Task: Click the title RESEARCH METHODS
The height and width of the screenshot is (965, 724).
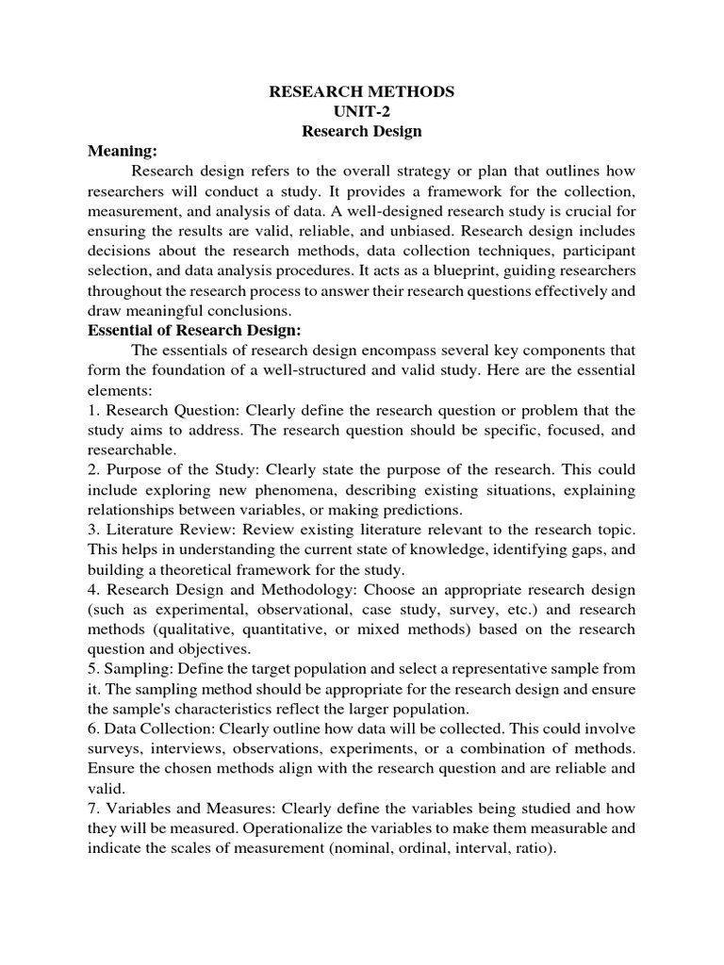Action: (362, 92)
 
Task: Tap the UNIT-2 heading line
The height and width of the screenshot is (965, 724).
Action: (362, 112)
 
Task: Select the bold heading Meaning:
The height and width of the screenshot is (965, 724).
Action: (123, 151)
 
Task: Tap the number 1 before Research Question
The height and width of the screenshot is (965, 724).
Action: (91, 410)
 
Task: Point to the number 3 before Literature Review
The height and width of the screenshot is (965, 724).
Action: (91, 531)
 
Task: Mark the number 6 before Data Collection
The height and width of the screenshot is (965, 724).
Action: (91, 729)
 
